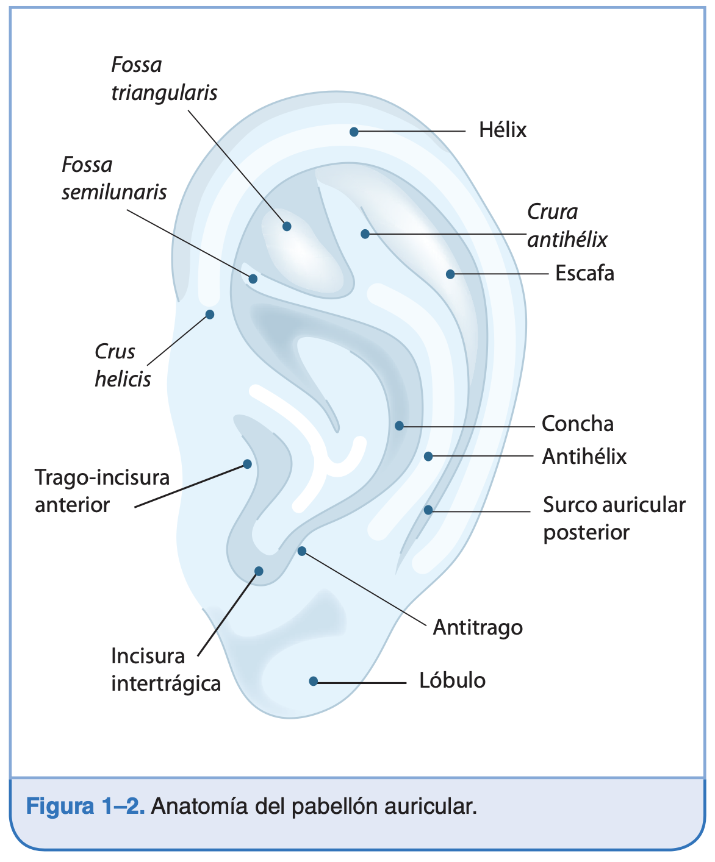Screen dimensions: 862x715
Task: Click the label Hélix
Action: point(502,130)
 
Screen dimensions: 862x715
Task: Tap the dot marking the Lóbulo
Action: point(314,681)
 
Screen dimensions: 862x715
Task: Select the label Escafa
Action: point(584,273)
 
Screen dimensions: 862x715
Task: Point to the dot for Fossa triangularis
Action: point(287,226)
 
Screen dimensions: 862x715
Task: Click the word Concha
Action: point(577,424)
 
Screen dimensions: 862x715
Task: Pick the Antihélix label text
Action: point(584,457)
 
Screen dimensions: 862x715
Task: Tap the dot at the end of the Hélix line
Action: point(354,132)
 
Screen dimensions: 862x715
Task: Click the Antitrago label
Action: point(478,627)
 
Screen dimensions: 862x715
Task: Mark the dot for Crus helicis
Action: point(210,315)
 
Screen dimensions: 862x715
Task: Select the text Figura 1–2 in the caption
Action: point(85,807)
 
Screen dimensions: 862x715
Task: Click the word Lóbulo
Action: point(452,680)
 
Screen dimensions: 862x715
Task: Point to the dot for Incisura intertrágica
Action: point(259,571)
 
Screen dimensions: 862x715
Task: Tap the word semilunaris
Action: point(114,193)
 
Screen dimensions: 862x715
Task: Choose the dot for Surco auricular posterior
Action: point(428,510)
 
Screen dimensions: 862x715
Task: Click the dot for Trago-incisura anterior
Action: point(247,464)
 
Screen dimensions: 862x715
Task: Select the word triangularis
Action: point(164,93)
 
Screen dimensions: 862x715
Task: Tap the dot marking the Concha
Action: point(399,426)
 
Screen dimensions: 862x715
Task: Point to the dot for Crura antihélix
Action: point(365,233)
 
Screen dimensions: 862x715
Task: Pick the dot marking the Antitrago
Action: point(301,551)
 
